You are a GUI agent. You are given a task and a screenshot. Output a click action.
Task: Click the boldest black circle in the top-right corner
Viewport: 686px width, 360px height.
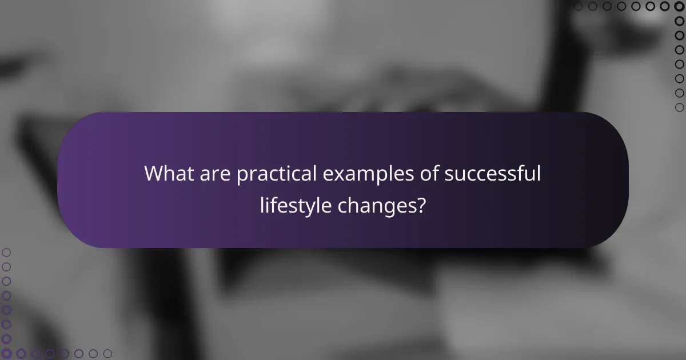(x=680, y=6)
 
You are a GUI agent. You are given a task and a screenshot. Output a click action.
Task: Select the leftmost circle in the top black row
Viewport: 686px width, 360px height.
(x=578, y=6)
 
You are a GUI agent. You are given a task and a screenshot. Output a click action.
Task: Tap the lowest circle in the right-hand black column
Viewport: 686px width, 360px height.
(x=680, y=107)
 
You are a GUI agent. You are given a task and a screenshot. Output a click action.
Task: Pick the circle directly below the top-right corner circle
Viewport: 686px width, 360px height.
(x=680, y=21)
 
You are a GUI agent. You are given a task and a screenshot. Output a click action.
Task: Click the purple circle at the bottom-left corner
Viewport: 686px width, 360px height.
(x=6, y=354)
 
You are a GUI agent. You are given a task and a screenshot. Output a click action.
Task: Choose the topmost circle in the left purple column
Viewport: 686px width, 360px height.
(x=6, y=252)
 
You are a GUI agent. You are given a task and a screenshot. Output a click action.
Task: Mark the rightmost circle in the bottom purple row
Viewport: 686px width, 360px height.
(x=107, y=354)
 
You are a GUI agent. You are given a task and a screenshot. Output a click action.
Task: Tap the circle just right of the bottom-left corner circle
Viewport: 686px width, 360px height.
(x=21, y=354)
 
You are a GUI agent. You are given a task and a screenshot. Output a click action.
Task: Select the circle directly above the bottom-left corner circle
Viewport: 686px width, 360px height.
(x=6, y=339)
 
